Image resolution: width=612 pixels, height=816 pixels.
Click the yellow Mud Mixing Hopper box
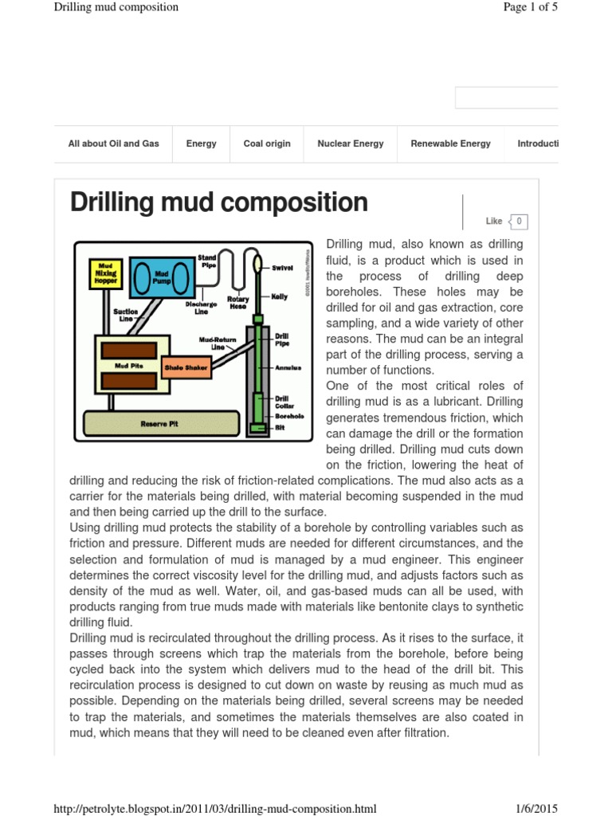click(107, 273)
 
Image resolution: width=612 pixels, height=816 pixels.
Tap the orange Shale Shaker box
click(186, 367)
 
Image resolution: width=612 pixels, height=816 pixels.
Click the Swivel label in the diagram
click(283, 268)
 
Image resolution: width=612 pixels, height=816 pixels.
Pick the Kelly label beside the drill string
click(280, 296)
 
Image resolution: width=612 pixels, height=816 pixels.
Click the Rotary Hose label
click(237, 303)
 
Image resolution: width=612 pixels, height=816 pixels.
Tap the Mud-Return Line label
click(218, 343)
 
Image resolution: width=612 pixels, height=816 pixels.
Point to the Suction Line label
click(126, 315)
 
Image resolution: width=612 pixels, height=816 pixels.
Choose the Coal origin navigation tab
click(267, 144)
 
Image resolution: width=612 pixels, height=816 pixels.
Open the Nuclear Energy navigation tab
click(350, 144)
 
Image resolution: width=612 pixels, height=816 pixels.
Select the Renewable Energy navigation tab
click(450, 144)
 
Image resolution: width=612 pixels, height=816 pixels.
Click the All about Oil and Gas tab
click(113, 144)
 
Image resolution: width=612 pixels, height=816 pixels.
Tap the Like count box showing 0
click(519, 222)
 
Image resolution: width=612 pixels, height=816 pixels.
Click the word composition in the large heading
click(293, 202)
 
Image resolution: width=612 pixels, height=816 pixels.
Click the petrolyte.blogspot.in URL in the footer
click(214, 809)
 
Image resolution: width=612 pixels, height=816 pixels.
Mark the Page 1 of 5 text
click(531, 7)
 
